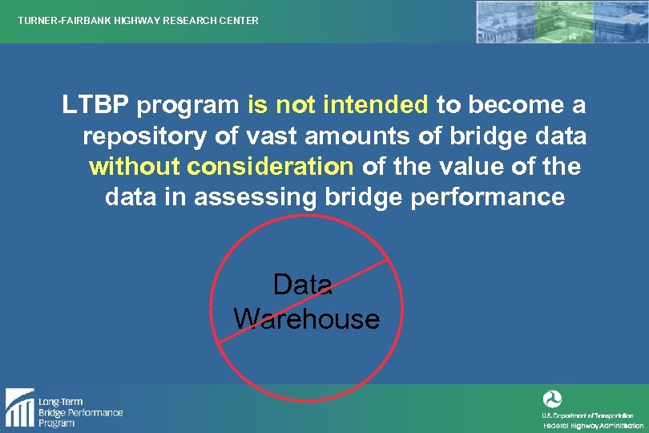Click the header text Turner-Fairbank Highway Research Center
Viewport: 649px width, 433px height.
coord(138,20)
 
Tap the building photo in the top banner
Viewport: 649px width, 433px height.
coord(561,22)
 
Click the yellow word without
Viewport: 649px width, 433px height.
coord(134,166)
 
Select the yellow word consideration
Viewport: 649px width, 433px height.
coord(270,166)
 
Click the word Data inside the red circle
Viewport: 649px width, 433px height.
coord(303,285)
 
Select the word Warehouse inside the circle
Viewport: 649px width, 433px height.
coord(307,318)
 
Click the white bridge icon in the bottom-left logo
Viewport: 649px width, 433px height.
coord(19,407)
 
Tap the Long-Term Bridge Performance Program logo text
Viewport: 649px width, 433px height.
coord(80,412)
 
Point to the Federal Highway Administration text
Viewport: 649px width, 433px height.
coord(593,426)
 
